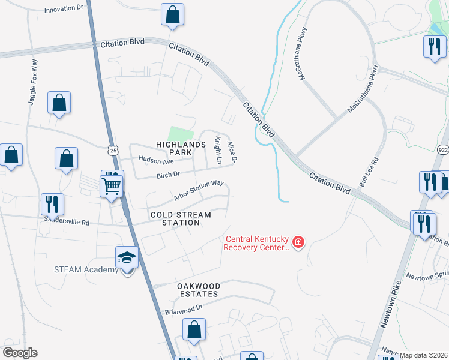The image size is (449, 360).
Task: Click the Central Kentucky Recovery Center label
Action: tap(256, 242)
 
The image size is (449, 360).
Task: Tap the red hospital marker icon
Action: tap(298, 243)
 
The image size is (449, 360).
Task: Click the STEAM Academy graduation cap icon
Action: tap(127, 258)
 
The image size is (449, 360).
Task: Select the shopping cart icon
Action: tap(112, 186)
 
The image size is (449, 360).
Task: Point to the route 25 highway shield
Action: tap(113, 151)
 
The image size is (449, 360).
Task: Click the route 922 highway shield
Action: tap(444, 149)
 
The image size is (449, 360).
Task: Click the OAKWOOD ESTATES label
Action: tap(197, 290)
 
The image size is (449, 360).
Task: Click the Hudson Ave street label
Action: tap(155, 160)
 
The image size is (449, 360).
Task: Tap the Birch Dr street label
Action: tap(168, 175)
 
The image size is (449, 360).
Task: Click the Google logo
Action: tap(20, 353)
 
